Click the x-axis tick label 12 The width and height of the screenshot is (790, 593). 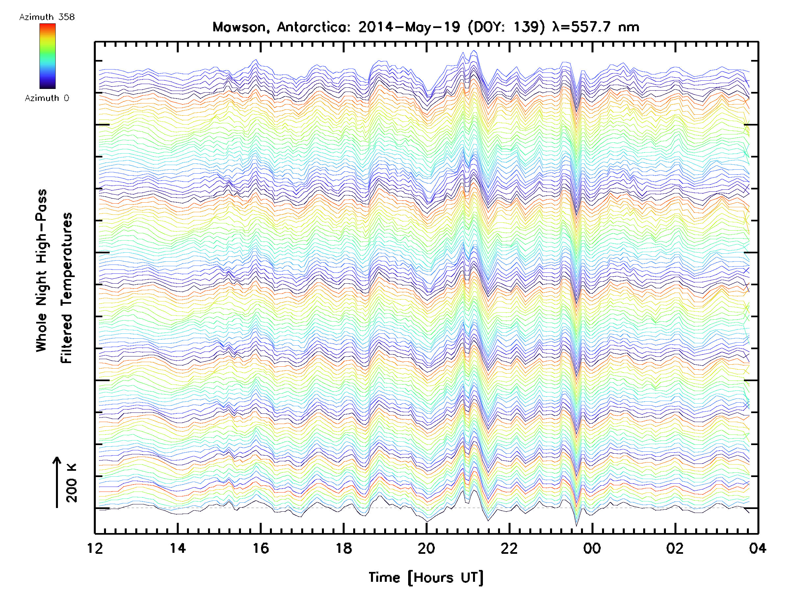tap(95, 548)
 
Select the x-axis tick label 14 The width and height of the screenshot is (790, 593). tap(177, 548)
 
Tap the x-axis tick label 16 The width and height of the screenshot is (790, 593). tap(261, 548)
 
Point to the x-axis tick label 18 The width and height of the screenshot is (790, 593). tap(344, 548)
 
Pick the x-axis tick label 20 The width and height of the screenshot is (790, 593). tap(426, 548)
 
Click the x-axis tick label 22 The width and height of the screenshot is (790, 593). tap(509, 548)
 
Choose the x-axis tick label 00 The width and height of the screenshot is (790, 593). tap(592, 548)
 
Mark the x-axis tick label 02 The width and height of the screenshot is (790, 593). tap(675, 548)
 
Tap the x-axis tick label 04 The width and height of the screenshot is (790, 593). tap(757, 548)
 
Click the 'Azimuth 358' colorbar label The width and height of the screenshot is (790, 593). tap(47, 17)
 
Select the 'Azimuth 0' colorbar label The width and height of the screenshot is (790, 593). tap(47, 98)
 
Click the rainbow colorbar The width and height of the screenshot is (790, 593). tap(47, 56)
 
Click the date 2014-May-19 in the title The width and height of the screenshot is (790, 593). tap(409, 27)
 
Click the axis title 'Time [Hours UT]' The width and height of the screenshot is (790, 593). tap(426, 578)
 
